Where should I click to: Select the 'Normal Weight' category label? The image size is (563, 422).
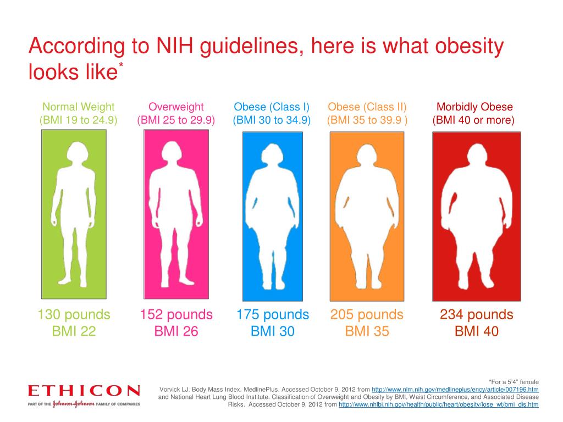coord(79,107)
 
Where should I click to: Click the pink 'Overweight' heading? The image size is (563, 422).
coord(176,107)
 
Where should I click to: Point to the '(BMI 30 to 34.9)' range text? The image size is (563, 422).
coord(272,120)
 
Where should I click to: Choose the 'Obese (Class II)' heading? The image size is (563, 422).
coord(367,107)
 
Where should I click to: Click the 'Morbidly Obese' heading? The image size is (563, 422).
coord(474,107)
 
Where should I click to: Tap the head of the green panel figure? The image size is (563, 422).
coord(73,152)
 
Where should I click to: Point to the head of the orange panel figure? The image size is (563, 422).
coord(366,153)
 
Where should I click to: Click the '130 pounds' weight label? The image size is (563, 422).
coord(74,315)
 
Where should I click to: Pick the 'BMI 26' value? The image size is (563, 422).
coord(176,331)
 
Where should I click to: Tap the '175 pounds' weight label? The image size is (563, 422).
coord(273,315)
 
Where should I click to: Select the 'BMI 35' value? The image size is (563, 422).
coord(367,331)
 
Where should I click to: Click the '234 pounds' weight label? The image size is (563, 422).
coord(476,315)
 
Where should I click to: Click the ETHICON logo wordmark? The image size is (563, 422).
coord(84,391)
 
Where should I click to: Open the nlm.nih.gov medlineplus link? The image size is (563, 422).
coord(455,388)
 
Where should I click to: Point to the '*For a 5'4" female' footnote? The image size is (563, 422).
coord(514,381)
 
